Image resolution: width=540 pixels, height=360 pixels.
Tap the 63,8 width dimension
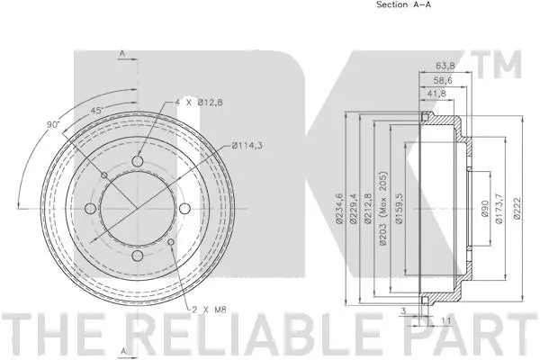[445, 65]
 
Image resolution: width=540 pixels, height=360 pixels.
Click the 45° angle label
[96, 111]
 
